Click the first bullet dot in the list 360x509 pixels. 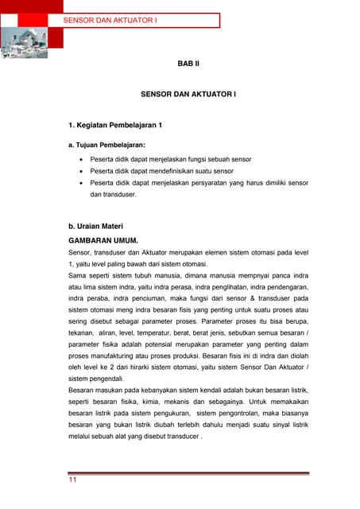pos(81,159)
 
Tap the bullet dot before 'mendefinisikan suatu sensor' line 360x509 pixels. pos(81,171)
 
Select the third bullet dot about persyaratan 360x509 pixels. pos(81,183)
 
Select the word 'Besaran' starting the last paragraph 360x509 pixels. pos(84,390)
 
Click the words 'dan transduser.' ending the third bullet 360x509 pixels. pos(114,194)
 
